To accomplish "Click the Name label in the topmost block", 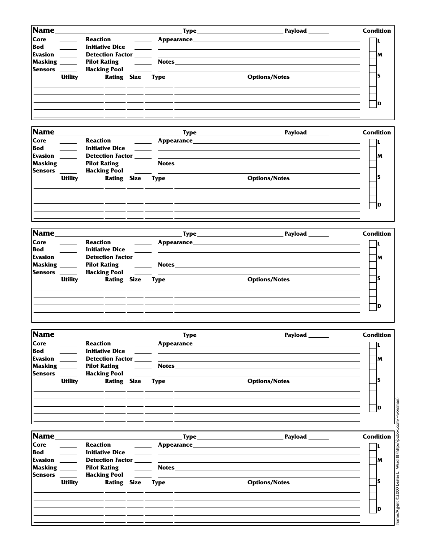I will pyautogui.click(x=43, y=30).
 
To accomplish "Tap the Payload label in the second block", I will pyautogui.click(x=296, y=133).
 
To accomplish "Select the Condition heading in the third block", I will pyautogui.click(x=377, y=234).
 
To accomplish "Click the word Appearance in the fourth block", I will pyautogui.click(x=175, y=344).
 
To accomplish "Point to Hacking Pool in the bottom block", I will pyautogui.click(x=104, y=475).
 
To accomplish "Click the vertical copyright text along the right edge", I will pyautogui.click(x=397, y=461).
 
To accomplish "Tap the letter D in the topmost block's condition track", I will pyautogui.click(x=379, y=104).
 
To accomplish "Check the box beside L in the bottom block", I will pyautogui.click(x=373, y=447).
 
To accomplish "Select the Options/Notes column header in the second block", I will pyautogui.click(x=268, y=178).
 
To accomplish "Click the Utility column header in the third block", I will pyautogui.click(x=70, y=280).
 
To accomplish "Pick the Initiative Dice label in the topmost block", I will pyautogui.click(x=105, y=47).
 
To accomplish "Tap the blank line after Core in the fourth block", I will pyautogui.click(x=68, y=345).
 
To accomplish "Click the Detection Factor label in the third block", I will pyautogui.click(x=109, y=257).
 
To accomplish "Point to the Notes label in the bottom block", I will pyautogui.click(x=166, y=468).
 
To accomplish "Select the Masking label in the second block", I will pyautogui.click(x=44, y=164).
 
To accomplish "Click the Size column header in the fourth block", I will pyautogui.click(x=135, y=381).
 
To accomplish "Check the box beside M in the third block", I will pyautogui.click(x=373, y=258).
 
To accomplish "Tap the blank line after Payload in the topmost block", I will pyautogui.click(x=318, y=33).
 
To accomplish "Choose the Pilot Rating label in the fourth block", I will pyautogui.click(x=102, y=366).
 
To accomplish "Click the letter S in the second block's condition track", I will pyautogui.click(x=379, y=177).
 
